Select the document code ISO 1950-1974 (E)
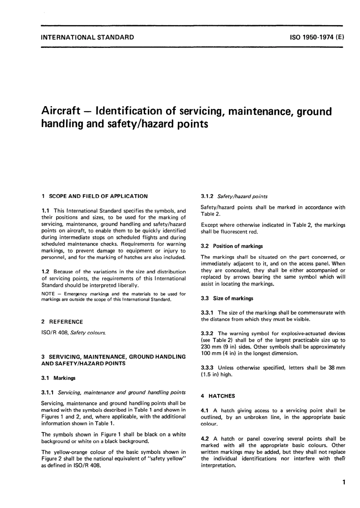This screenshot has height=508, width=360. (x=316, y=37)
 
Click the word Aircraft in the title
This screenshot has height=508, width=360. (x=61, y=111)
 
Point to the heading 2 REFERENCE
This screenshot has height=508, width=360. (x=62, y=322)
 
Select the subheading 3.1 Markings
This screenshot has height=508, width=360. (x=59, y=378)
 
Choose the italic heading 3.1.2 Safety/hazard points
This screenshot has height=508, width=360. (x=234, y=196)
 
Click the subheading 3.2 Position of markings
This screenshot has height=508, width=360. (x=232, y=246)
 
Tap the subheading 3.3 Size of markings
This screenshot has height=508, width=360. (x=227, y=298)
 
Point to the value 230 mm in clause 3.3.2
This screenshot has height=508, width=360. (x=209, y=347)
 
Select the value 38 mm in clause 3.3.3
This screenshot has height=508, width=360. (x=337, y=368)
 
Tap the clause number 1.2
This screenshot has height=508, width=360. (x=45, y=271)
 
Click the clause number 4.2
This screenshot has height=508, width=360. (x=205, y=439)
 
